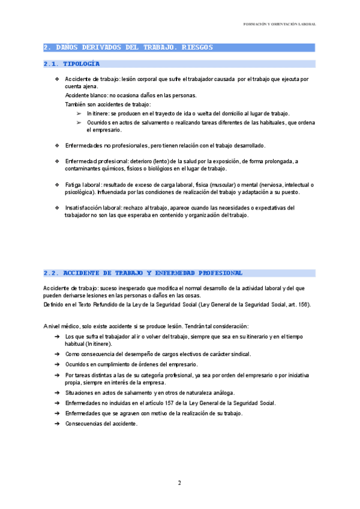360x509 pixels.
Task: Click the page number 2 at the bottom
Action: coord(179,483)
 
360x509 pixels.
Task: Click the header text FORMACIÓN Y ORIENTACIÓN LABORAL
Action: coord(280,24)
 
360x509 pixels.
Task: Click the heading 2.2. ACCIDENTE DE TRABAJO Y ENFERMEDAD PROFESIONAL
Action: coord(143,273)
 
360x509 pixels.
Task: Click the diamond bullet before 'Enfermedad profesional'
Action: coord(57,161)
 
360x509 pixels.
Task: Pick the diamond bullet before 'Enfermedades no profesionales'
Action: coord(57,146)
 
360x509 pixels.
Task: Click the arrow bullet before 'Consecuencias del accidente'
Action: coord(56,423)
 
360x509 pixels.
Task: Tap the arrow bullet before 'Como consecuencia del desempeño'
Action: coord(56,355)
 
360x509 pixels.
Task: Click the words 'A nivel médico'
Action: coord(61,325)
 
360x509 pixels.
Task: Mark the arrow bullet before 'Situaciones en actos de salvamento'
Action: coord(56,393)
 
